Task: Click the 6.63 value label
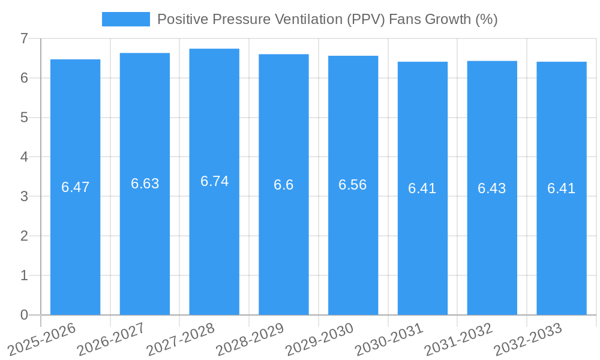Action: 145,184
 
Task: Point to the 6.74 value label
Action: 214,181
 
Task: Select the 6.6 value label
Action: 284,185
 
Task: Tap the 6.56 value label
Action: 353,185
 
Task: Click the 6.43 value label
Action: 492,188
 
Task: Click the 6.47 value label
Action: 76,187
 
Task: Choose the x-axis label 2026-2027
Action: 111,339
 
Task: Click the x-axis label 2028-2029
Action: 250,339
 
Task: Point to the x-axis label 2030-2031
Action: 389,339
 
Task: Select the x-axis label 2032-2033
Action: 527,339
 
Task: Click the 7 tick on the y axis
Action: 24,38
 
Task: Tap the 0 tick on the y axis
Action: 24,315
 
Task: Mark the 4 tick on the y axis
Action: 24,157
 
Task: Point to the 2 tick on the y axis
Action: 24,236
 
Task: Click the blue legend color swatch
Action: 126,19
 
